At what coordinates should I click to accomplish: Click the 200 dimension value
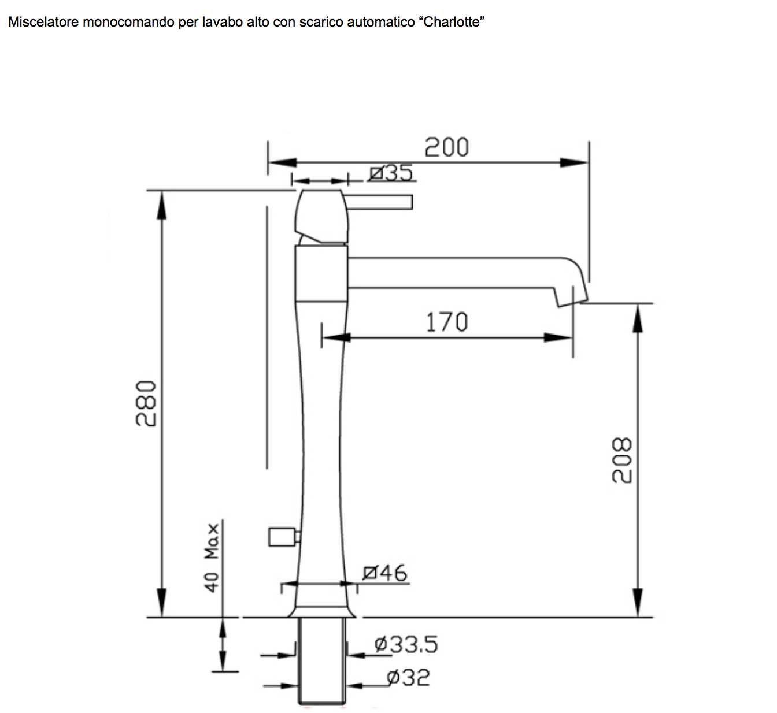(446, 147)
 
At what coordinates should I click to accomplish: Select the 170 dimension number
(446, 322)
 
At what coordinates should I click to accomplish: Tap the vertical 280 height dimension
(146, 403)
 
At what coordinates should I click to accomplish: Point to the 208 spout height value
(622, 460)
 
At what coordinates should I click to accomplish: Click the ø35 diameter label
(391, 173)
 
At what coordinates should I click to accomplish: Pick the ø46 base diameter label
(385, 573)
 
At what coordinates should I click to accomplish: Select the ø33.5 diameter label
(406, 644)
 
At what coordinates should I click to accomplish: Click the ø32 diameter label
(408, 678)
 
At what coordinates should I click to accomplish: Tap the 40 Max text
(212, 558)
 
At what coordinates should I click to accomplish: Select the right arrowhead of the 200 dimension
(575, 163)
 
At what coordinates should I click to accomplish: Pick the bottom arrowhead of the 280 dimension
(162, 603)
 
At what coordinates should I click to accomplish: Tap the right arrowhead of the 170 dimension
(558, 337)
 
